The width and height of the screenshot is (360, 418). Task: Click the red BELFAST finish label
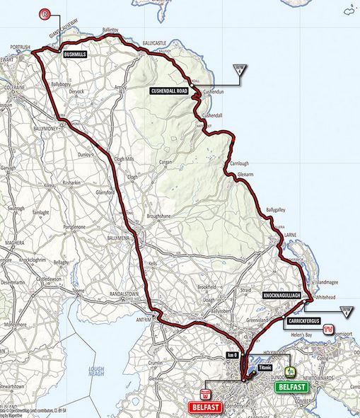206,407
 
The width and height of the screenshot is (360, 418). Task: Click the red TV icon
329,329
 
